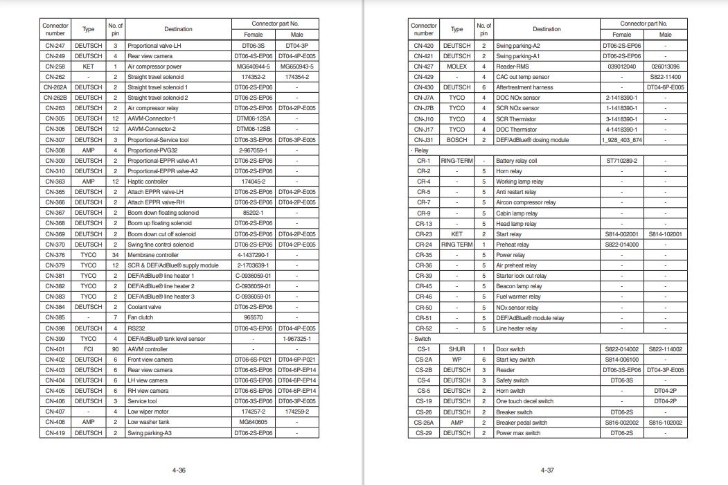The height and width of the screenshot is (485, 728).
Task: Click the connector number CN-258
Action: pyautogui.click(x=55, y=67)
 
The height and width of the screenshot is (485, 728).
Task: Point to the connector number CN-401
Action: pyautogui.click(x=55, y=349)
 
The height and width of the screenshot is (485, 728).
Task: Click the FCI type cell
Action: pyautogui.click(x=88, y=349)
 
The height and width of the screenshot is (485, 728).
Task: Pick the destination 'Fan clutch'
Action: pyautogui.click(x=141, y=317)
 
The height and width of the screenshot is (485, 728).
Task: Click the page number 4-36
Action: pyautogui.click(x=179, y=470)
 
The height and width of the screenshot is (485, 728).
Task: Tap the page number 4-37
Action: pyautogui.click(x=547, y=470)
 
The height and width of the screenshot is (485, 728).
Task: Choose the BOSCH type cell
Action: pyautogui.click(x=456, y=140)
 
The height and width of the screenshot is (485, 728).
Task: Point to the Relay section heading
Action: pyautogui.click(x=420, y=150)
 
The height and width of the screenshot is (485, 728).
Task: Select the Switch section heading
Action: pyautogui.click(x=421, y=339)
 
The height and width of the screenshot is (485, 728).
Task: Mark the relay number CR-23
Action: pyautogui.click(x=423, y=234)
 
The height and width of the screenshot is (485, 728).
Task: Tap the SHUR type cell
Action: pyautogui.click(x=456, y=349)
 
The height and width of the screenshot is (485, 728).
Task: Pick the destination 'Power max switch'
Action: pyautogui.click(x=518, y=433)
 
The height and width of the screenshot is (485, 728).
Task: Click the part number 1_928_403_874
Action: pyautogui.click(x=622, y=140)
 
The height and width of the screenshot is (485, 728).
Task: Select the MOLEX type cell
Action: pyautogui.click(x=456, y=67)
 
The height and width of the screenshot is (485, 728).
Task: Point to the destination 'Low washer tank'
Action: pyautogui.click(x=150, y=422)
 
